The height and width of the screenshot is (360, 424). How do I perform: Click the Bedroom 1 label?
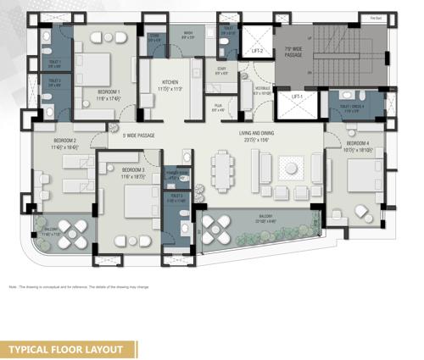coord(108,91)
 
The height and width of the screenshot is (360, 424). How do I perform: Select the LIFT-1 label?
coord(296,97)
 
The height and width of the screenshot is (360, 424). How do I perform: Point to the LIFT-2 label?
coord(256,52)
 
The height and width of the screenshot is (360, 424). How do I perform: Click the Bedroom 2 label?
coord(64,141)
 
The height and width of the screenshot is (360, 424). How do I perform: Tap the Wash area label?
coord(188,34)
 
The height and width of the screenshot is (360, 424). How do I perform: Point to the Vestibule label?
coord(262,89)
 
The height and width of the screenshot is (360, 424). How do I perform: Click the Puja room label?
coord(218,107)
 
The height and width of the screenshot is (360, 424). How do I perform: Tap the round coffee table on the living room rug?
coord(292,169)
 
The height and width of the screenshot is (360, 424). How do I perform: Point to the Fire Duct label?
coord(374,17)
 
